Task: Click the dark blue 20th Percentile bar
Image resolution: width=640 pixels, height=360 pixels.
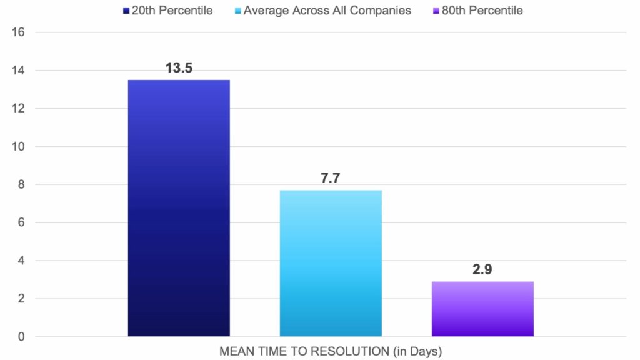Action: pos(179,208)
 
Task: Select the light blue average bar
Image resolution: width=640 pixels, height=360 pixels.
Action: pos(331,263)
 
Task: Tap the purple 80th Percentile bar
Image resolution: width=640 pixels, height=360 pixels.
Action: pos(482,309)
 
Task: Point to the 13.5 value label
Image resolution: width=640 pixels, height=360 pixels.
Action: pos(179,68)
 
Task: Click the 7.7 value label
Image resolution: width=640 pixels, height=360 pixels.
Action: pos(331,179)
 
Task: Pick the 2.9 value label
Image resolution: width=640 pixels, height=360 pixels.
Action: pos(482,270)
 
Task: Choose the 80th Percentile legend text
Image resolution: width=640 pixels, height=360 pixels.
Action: pos(482,11)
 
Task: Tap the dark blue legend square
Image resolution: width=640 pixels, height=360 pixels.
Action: pos(126,11)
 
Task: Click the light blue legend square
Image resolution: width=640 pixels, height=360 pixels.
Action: pos(238,11)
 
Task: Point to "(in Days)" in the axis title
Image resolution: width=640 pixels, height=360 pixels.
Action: pos(419,352)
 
